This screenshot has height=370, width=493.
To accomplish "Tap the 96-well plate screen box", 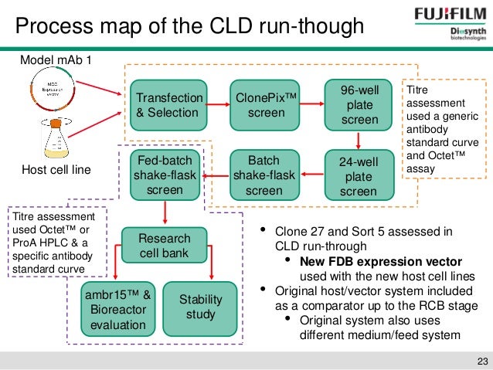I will pyautogui.click(x=359, y=105).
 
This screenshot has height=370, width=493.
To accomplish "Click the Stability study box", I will pyautogui.click(x=200, y=306).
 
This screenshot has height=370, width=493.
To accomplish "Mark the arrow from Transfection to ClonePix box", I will pyautogui.click(x=219, y=105).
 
